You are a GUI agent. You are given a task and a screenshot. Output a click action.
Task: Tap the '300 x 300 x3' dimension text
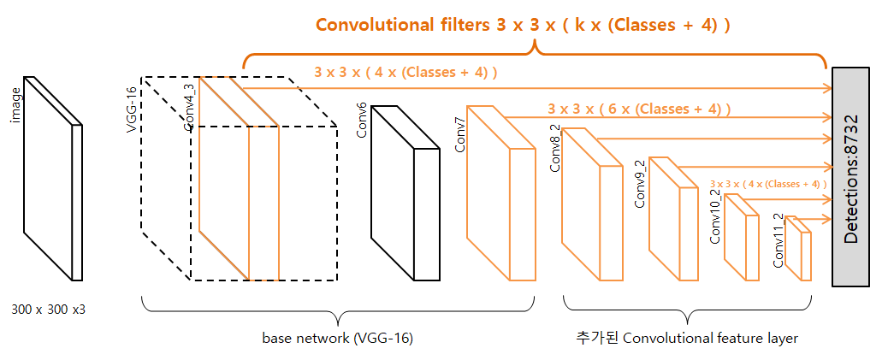point(49,309)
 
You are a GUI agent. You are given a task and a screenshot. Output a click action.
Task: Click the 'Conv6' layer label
point(362,120)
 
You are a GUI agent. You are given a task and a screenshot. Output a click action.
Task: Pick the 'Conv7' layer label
point(459,136)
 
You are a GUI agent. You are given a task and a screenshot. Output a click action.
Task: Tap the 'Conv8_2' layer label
point(554,152)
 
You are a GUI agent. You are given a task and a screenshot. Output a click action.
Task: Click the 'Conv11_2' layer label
point(778,240)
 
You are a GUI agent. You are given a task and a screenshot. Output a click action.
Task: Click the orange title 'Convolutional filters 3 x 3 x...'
point(523,24)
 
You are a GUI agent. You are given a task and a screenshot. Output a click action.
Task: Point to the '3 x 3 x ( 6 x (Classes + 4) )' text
point(639,109)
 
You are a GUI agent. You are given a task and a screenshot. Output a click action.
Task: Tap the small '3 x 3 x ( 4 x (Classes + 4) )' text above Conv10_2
point(768,183)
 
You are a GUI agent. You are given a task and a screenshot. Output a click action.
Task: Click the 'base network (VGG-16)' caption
point(337,338)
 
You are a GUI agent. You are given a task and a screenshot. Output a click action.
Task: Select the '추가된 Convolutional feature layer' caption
point(687,338)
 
